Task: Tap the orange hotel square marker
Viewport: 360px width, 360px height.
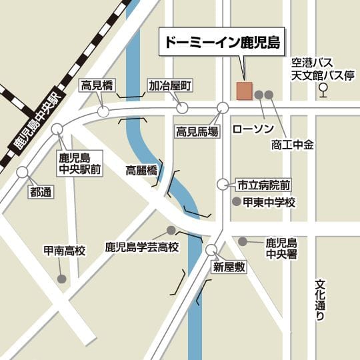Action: click(x=244, y=91)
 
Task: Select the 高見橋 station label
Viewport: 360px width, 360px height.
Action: click(x=97, y=85)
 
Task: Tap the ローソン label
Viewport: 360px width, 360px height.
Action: click(x=253, y=127)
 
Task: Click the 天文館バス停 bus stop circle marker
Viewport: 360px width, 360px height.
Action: click(x=323, y=87)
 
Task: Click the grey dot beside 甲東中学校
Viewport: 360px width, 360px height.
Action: click(x=235, y=201)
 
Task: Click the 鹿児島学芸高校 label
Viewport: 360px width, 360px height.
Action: click(x=142, y=247)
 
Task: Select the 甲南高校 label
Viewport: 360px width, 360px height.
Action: click(x=65, y=251)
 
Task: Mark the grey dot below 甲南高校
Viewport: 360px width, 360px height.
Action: click(x=61, y=279)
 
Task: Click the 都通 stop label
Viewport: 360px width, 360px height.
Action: click(x=41, y=192)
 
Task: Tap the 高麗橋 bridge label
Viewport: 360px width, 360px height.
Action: click(x=141, y=171)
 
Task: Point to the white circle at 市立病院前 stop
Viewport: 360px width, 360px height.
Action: click(x=223, y=184)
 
